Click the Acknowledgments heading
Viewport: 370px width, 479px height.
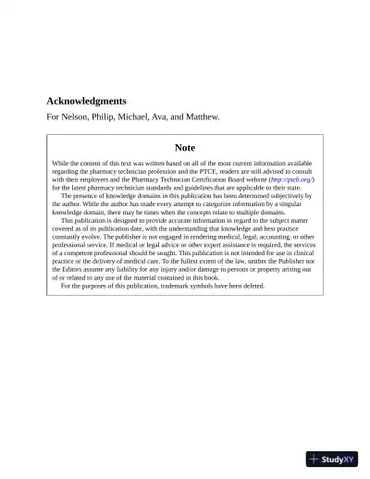tap(86, 101)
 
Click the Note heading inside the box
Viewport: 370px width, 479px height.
tap(185, 147)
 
